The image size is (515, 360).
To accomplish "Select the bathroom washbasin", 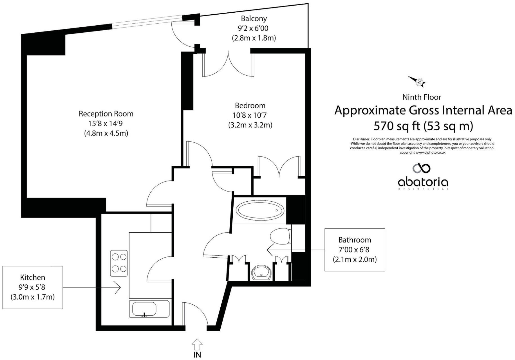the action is click(x=261, y=272).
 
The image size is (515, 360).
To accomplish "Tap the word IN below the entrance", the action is click(x=197, y=355).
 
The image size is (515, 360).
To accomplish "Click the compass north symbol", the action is click(x=417, y=82).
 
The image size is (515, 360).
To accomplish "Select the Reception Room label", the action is click(x=106, y=114).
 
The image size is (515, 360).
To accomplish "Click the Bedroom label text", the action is click(x=250, y=105).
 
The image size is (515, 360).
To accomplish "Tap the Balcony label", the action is click(x=254, y=19).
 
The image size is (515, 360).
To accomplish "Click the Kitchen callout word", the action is click(x=33, y=277).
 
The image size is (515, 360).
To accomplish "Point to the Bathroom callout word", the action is click(x=355, y=240).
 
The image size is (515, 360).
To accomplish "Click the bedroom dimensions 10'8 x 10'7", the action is click(x=250, y=115).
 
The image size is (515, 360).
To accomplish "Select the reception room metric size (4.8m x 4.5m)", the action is click(x=106, y=133).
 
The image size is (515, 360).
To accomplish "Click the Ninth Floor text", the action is click(x=422, y=97).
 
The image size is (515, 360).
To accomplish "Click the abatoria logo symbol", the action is click(x=421, y=168).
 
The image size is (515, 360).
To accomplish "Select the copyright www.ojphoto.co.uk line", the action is click(x=422, y=152).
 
